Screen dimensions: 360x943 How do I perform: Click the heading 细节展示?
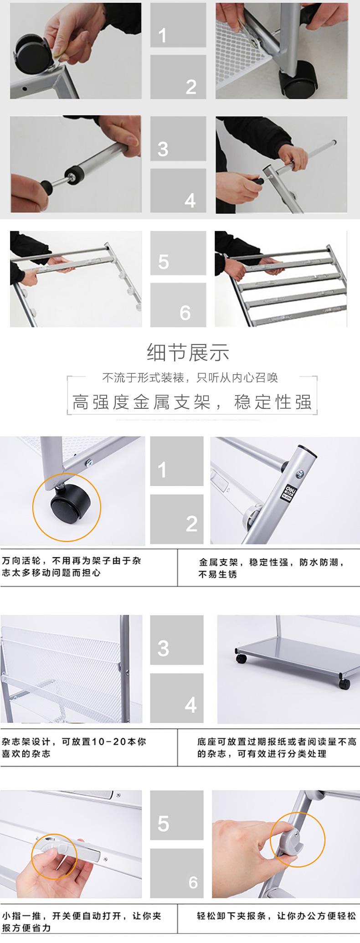[x=188, y=352]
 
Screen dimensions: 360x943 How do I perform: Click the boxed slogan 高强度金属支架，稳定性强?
[x=192, y=402]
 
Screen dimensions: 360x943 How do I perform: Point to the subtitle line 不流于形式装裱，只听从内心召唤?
[x=190, y=377]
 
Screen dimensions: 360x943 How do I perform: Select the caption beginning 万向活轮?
[x=72, y=566]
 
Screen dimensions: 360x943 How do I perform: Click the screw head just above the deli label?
[x=301, y=474]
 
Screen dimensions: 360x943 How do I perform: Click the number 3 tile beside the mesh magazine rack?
[x=177, y=640]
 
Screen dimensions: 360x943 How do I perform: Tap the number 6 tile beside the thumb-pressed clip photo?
[x=177, y=873]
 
